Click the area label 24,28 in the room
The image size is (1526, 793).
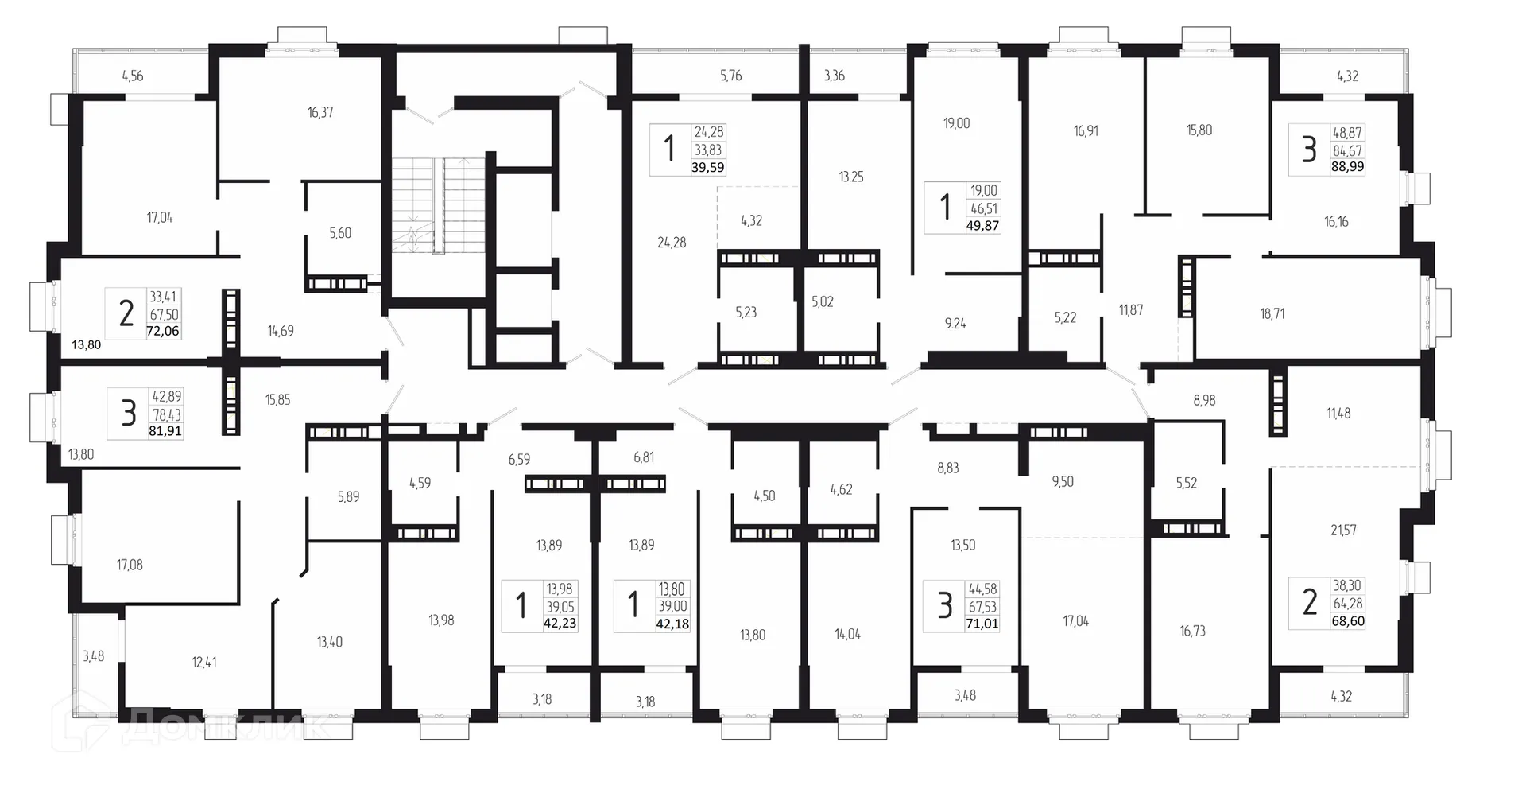pos(672,243)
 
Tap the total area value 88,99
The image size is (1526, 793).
pos(1347,167)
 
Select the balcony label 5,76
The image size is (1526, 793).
pos(730,76)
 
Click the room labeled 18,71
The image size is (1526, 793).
pos(1272,313)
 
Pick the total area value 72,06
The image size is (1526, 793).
pos(163,331)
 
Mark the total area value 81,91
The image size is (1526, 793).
pos(165,431)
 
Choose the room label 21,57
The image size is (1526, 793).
pos(1343,530)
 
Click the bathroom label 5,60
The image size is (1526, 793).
pos(340,233)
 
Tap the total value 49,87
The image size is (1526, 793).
pos(982,225)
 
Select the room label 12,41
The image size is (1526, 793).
pos(204,662)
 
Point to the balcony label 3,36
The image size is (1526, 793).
pos(834,76)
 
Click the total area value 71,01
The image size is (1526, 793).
pos(982,624)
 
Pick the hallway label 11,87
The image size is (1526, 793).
pos(1131,310)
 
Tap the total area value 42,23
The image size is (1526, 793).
pos(560,624)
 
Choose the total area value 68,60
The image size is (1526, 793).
pos(1348,620)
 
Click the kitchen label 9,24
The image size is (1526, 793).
pos(955,324)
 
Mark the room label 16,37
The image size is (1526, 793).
pos(320,113)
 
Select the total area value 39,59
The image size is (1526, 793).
pos(708,168)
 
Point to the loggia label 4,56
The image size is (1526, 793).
pos(133,76)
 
